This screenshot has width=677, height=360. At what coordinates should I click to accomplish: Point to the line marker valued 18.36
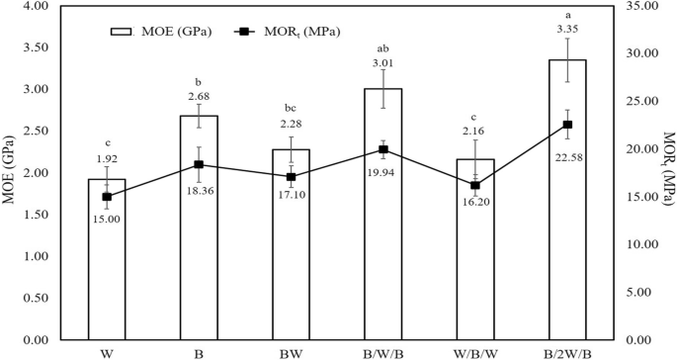[x=199, y=164]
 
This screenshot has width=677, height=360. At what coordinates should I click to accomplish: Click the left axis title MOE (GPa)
[x=12, y=173]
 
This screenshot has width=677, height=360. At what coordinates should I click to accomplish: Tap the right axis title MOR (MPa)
[x=667, y=173]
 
